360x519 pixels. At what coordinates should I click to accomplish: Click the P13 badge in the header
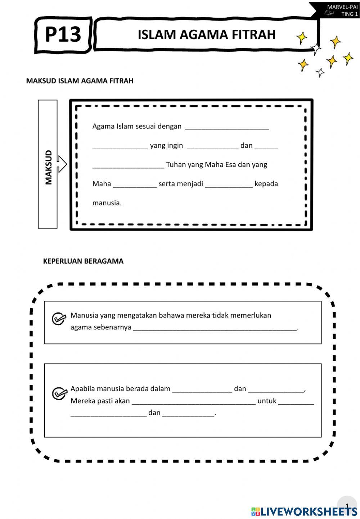click(x=63, y=35)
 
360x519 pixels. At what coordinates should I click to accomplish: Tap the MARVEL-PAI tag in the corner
click(x=342, y=7)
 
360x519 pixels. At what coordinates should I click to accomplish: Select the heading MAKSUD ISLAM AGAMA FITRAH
click(x=80, y=81)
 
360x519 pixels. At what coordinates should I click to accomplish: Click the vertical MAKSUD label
click(x=48, y=167)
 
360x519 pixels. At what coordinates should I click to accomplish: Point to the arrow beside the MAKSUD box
click(x=62, y=164)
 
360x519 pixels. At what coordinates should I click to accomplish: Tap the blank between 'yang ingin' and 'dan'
click(x=212, y=146)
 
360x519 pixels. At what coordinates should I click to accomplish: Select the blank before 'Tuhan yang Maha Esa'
click(x=129, y=165)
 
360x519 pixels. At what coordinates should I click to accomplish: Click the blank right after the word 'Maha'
click(x=135, y=185)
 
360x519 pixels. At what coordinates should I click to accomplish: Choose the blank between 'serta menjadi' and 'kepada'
click(x=229, y=185)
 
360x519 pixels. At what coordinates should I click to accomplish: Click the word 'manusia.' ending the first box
click(x=107, y=203)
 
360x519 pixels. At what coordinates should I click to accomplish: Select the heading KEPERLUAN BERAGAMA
click(x=83, y=261)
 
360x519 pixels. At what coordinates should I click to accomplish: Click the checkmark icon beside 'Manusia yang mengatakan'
click(x=59, y=319)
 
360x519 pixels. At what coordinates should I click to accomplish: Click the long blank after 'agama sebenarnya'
click(x=215, y=328)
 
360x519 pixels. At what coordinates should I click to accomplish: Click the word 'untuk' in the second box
click(x=267, y=401)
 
